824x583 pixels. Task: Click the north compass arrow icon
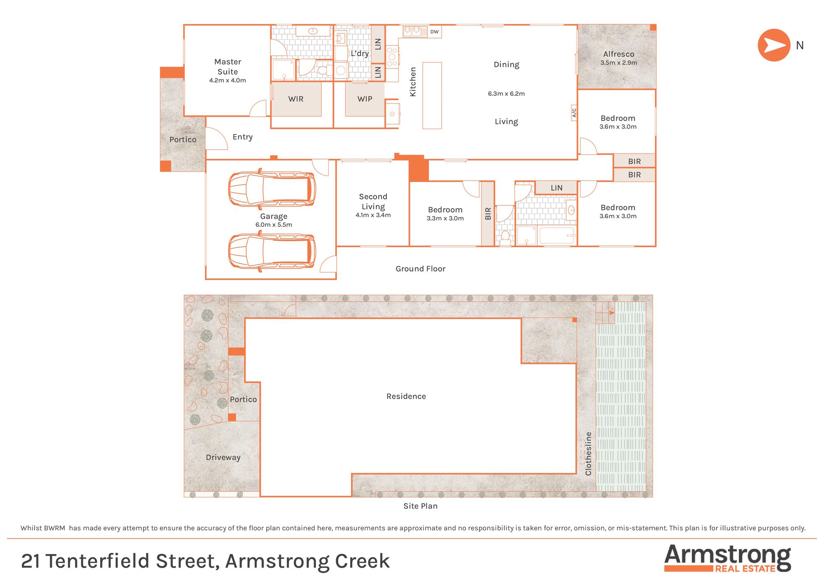(774, 45)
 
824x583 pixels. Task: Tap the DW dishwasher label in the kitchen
(434, 32)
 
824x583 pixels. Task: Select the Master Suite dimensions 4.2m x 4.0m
(227, 80)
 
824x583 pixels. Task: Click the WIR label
(296, 99)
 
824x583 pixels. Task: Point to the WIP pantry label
(365, 99)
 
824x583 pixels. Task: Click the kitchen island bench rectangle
(432, 96)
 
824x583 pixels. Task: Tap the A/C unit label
(574, 112)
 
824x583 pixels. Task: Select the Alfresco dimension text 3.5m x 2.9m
(618, 63)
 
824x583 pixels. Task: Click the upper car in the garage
(272, 189)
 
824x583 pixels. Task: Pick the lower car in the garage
(272, 251)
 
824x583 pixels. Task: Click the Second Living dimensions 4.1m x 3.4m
(373, 215)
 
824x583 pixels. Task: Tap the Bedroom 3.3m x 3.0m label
(445, 214)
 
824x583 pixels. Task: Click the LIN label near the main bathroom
(557, 188)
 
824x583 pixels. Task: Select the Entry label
(242, 137)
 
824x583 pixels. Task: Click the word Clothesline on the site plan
(588, 454)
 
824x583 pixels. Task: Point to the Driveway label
(223, 457)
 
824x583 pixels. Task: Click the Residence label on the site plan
(406, 396)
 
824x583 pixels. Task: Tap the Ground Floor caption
(420, 269)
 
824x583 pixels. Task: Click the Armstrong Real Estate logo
(728, 558)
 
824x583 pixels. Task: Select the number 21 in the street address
(30, 561)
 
